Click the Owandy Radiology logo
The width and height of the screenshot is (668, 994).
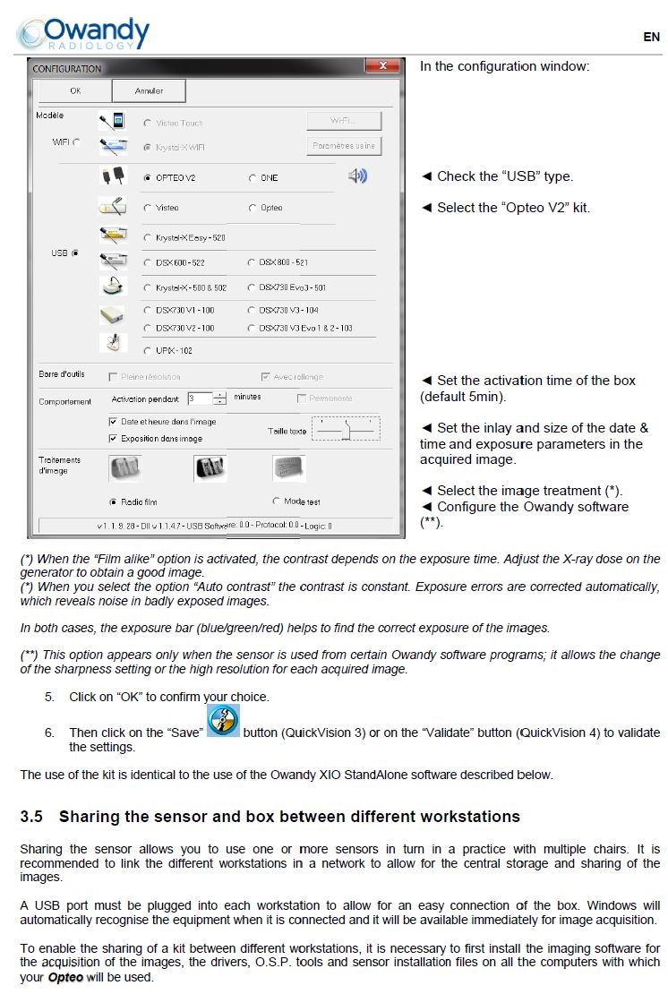[82, 33]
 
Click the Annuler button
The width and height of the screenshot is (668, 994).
[149, 90]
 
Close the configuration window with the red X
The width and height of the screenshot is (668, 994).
[382, 66]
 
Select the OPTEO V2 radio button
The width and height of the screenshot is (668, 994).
[147, 178]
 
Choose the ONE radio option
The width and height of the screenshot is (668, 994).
[252, 178]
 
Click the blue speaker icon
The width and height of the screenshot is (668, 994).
[357, 176]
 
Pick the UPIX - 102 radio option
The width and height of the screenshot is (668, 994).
[147, 350]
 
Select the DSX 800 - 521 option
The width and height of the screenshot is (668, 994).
[252, 262]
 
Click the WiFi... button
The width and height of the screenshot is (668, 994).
[344, 121]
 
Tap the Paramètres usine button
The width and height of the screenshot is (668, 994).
[344, 145]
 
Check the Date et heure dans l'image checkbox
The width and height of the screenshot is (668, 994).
[113, 421]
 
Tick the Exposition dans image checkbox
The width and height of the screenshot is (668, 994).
[113, 438]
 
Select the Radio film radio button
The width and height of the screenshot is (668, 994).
[113, 501]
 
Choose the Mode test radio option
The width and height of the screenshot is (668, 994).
[276, 501]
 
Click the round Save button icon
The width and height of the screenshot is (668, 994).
[223, 721]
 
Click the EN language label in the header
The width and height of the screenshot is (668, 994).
[651, 37]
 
